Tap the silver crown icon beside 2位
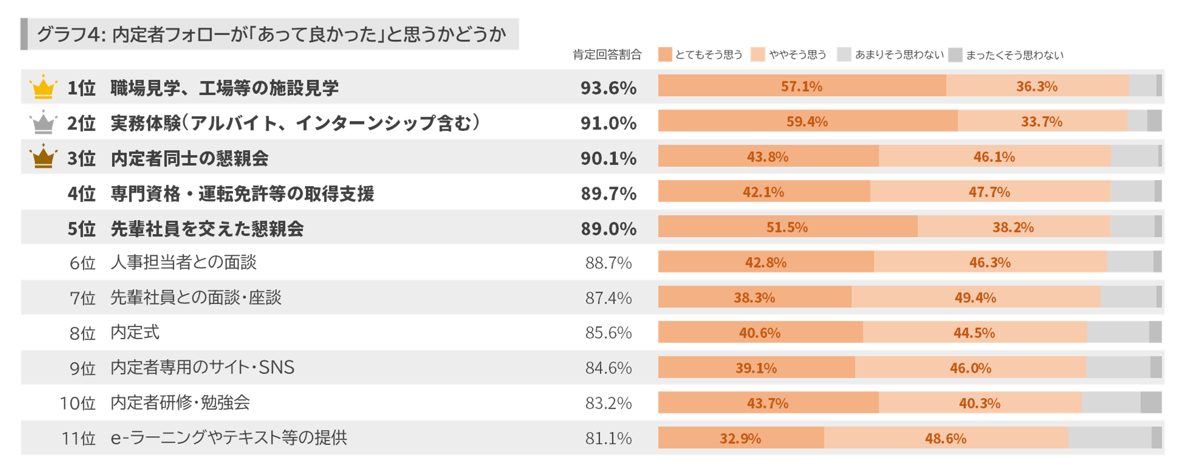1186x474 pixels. [43, 123]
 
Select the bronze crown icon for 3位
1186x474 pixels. [43, 157]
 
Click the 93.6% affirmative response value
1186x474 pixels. [608, 88]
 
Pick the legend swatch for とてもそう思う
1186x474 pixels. [665, 54]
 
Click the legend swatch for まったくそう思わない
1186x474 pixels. [955, 55]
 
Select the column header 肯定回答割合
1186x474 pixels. [607, 55]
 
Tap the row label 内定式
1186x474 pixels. [135, 332]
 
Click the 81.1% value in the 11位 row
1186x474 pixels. [608, 438]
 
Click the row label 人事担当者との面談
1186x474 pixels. [183, 262]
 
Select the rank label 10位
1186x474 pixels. [77, 403]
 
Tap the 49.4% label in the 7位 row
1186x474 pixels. [975, 297]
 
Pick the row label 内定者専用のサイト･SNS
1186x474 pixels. [202, 367]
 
